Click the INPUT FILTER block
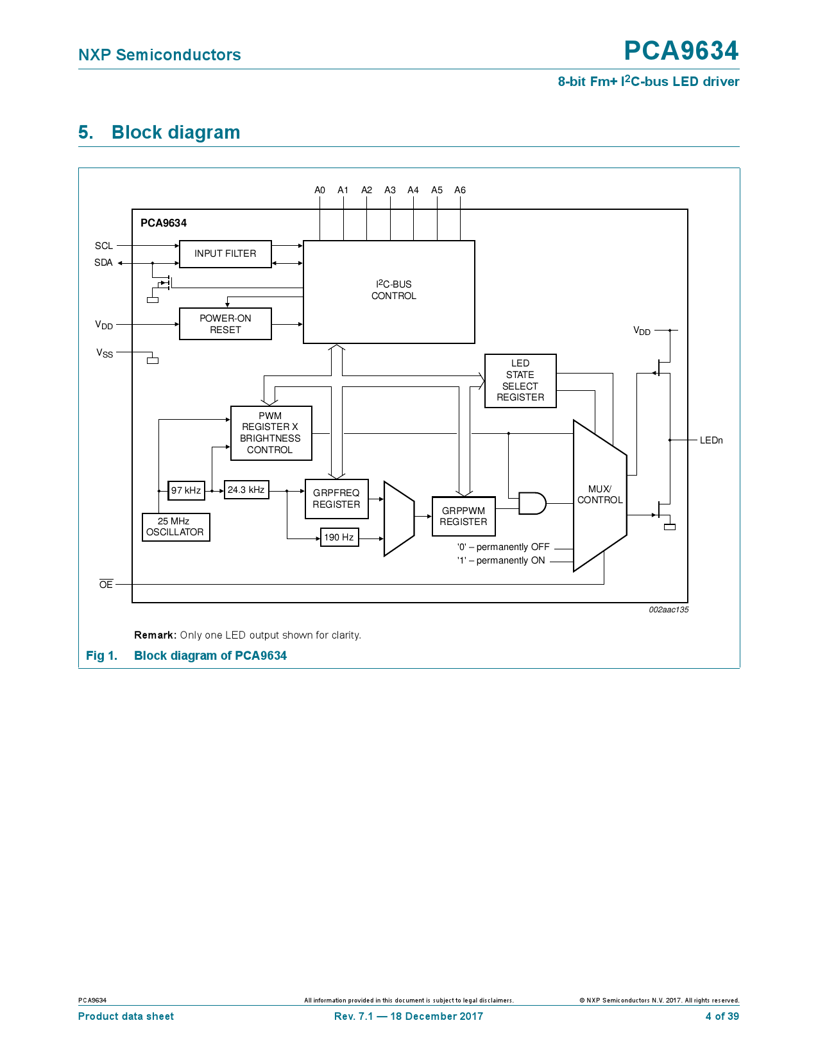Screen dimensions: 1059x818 (x=225, y=254)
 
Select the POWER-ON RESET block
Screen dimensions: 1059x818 (x=225, y=324)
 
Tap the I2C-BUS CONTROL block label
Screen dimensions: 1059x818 (x=393, y=290)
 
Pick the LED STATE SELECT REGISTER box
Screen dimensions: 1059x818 (x=520, y=381)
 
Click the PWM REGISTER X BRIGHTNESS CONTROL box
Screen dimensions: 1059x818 (x=271, y=433)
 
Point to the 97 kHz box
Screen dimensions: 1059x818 (x=186, y=490)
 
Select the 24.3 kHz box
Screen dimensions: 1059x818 (x=246, y=490)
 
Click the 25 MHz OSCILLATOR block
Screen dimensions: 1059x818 (x=175, y=527)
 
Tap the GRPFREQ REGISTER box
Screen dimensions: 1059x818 (x=336, y=499)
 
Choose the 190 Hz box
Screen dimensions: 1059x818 (x=339, y=537)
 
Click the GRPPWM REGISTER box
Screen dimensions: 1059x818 (x=463, y=517)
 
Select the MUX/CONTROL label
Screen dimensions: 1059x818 (x=600, y=494)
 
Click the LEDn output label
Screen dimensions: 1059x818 (x=711, y=440)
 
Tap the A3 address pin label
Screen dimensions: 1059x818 (x=390, y=190)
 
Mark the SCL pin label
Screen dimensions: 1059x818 (x=104, y=246)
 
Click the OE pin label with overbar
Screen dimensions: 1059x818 (x=106, y=584)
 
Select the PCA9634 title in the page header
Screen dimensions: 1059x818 (x=681, y=51)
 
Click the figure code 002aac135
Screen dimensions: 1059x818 (x=668, y=610)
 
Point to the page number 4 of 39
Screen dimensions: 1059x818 (x=722, y=1016)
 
